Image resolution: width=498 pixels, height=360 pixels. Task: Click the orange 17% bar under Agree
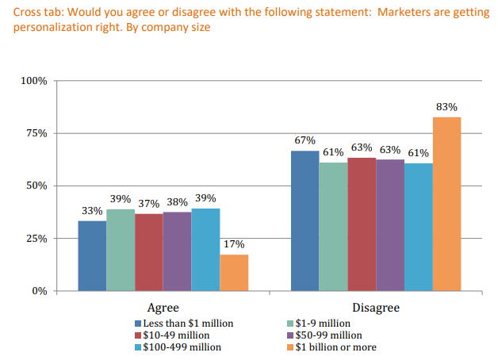(234, 272)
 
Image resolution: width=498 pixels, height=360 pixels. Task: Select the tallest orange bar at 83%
(446, 204)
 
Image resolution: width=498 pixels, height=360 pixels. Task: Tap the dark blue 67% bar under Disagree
(305, 220)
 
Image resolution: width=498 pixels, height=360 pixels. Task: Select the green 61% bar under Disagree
(333, 226)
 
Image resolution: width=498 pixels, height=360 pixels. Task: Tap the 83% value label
(446, 106)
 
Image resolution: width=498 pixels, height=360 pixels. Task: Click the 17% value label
(234, 244)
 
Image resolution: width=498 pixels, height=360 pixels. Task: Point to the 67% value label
(305, 140)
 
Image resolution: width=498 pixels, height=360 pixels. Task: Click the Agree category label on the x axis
(163, 307)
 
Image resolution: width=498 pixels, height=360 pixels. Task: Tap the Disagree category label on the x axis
(375, 307)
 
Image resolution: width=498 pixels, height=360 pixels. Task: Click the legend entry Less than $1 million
(184, 324)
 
